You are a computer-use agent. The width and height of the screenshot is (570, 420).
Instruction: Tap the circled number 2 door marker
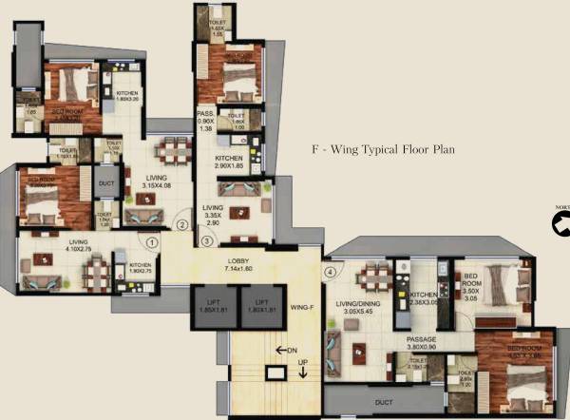point(182,225)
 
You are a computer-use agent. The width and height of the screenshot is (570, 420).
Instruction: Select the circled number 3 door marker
point(206,242)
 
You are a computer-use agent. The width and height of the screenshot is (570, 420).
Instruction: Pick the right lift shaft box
point(261,307)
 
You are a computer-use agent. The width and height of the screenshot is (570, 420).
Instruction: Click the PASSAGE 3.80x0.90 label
point(422,343)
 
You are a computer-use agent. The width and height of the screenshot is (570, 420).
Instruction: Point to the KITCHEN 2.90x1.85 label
point(229,162)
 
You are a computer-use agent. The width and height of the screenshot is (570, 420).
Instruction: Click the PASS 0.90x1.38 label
point(205,121)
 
